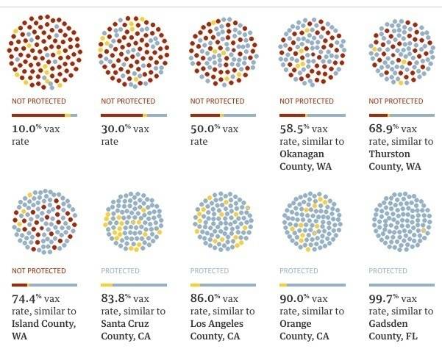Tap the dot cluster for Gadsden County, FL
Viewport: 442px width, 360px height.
[398, 220]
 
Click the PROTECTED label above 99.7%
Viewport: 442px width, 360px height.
[388, 270]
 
